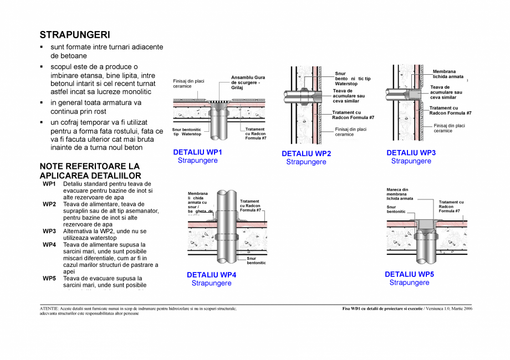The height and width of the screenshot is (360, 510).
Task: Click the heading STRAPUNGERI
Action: [x=75, y=35]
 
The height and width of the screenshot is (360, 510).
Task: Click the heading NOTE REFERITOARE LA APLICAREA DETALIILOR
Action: [x=90, y=171]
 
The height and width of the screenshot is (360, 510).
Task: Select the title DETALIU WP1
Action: [x=197, y=152]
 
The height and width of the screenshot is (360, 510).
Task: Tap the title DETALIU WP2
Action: [x=306, y=154]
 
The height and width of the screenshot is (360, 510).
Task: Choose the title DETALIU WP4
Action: [x=211, y=275]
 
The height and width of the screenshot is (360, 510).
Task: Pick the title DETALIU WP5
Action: [x=409, y=274]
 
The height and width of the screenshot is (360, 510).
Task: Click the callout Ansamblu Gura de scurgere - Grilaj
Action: [x=248, y=83]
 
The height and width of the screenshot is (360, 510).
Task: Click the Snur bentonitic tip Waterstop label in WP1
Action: [x=187, y=131]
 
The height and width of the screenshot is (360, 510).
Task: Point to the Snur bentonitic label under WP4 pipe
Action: [x=256, y=260]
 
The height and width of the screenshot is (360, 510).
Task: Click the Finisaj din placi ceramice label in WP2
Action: [x=350, y=132]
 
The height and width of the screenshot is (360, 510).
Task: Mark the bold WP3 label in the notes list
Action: [x=49, y=231]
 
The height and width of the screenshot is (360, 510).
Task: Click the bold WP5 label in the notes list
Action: [x=49, y=279]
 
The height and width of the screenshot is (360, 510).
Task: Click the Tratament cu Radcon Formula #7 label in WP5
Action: [x=451, y=207]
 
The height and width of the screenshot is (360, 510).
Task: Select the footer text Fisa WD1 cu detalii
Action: [x=382, y=308]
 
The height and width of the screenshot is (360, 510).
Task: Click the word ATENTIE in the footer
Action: [x=50, y=308]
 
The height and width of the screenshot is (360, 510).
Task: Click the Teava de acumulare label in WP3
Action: [x=446, y=92]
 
